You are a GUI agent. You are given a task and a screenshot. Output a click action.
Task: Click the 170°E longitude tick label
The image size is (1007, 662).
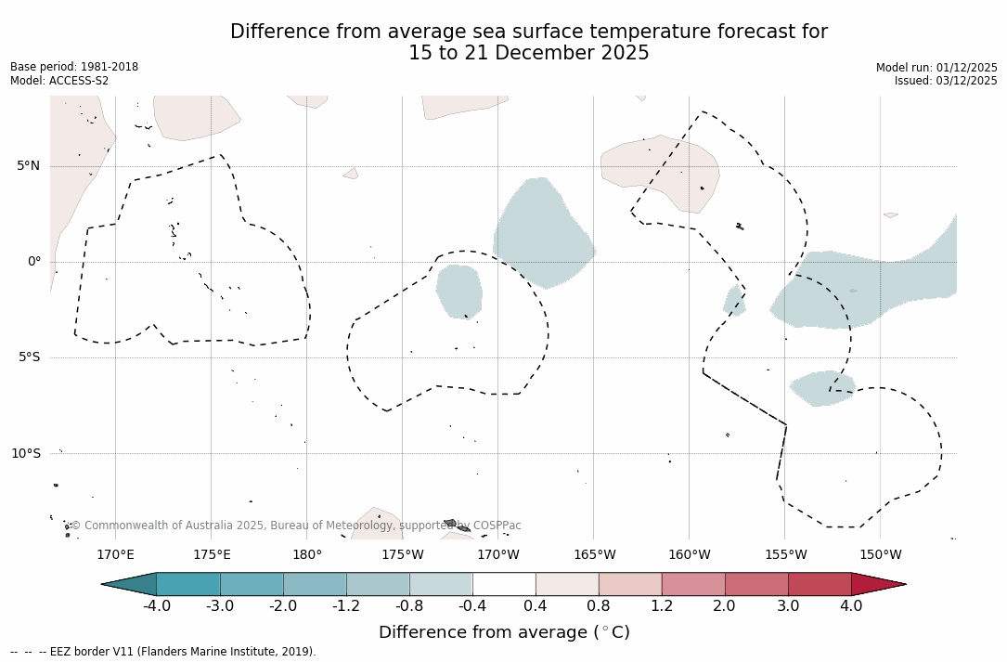pos(115,555)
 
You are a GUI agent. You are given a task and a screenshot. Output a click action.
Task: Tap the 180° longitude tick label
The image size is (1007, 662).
pos(307,555)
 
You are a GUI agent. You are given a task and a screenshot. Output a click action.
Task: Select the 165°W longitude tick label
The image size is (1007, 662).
pos(594,555)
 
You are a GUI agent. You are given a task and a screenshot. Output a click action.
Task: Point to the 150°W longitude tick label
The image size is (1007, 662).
pos(880,555)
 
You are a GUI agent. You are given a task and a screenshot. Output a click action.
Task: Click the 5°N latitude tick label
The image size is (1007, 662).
pos(28,166)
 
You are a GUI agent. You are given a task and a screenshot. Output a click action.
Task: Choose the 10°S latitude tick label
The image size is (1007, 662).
pos(25,453)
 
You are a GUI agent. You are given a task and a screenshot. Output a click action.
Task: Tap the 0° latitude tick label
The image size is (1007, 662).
pos(33,262)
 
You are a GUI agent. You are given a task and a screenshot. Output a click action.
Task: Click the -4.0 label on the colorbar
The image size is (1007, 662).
pos(156,606)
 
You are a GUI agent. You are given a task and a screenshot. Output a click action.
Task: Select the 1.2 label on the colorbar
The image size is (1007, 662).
pos(661,606)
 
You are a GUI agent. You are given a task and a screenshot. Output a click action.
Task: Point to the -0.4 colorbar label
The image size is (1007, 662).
pos(471,606)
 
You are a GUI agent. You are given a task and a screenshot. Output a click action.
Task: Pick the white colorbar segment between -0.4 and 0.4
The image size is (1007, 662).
pos(504,584)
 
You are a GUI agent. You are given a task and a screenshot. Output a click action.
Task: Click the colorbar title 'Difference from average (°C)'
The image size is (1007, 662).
pos(504,632)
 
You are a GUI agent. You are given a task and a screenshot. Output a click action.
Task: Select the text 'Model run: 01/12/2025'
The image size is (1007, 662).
pos(936,68)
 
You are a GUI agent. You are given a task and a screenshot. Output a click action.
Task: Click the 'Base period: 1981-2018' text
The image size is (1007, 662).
pos(74,67)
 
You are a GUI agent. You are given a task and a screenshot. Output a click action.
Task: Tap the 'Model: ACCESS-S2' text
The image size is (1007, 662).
pos(59,81)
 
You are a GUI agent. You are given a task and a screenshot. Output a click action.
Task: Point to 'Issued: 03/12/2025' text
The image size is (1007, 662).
pos(946,81)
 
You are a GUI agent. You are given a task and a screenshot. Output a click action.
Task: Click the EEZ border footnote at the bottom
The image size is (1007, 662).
pos(163,652)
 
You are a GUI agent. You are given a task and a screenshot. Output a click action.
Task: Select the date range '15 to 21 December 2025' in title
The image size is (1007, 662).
pos(529,54)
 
